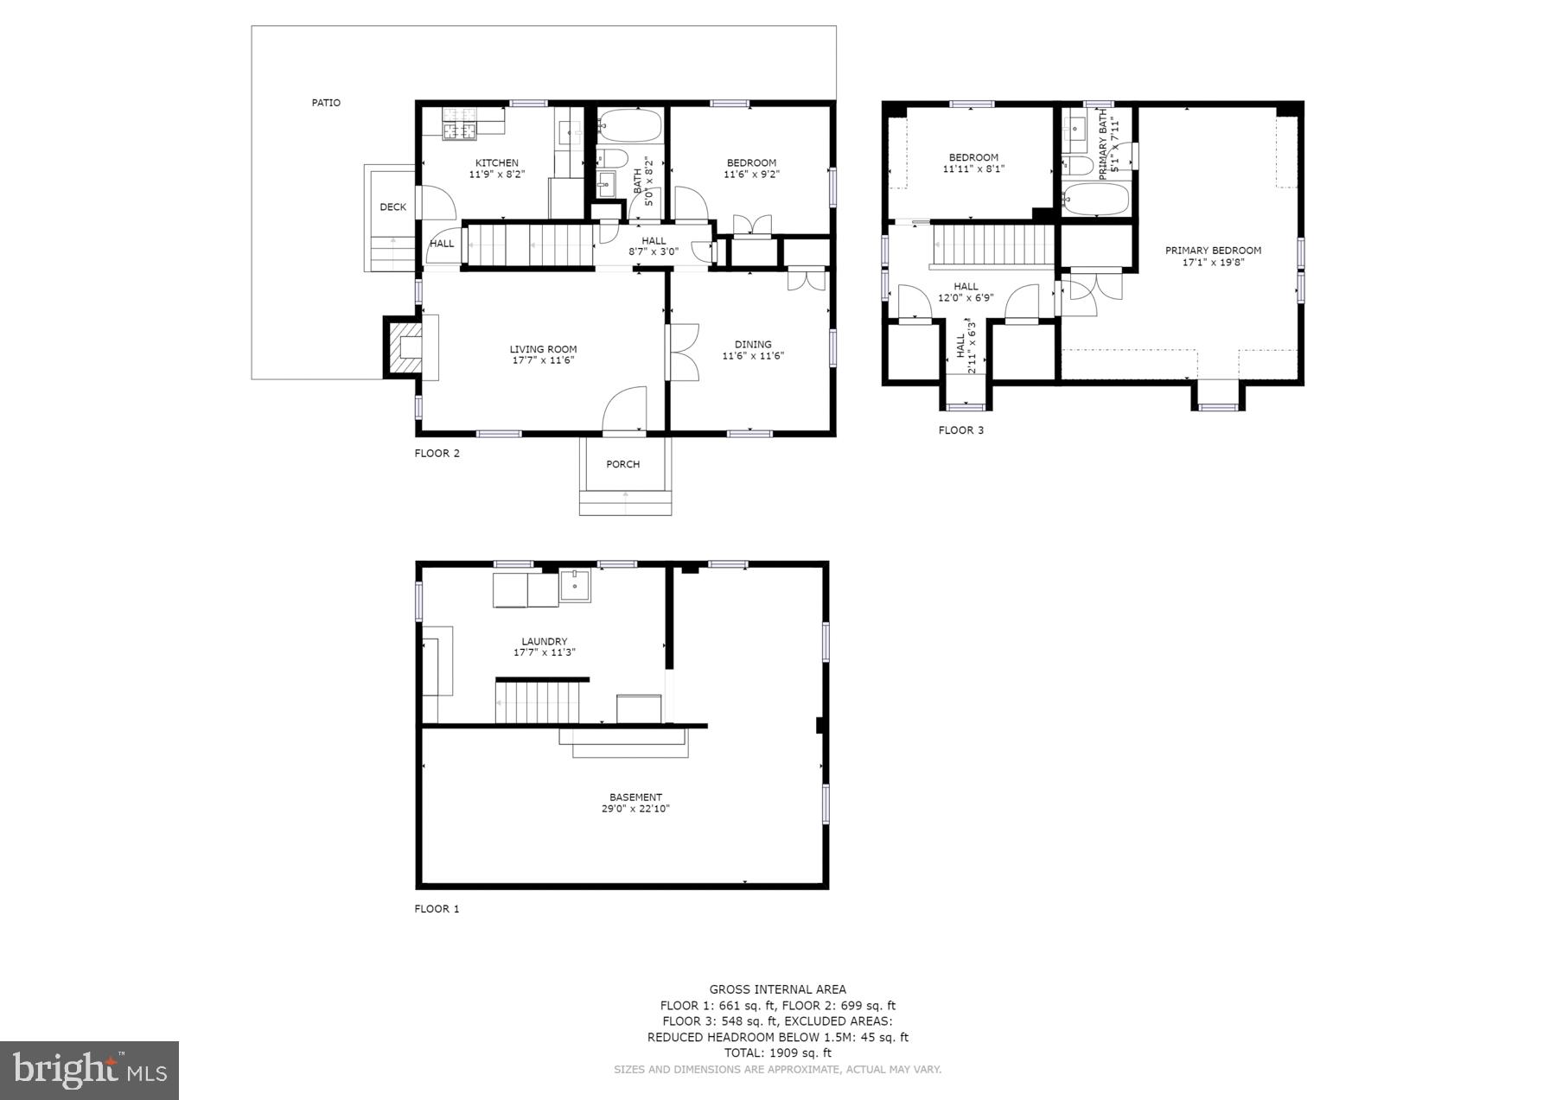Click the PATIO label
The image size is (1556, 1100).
tap(326, 103)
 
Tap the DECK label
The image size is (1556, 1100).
tap(392, 207)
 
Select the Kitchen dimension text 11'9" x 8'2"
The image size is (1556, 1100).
tap(496, 174)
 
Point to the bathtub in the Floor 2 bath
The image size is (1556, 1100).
tap(629, 127)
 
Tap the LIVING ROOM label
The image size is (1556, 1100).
tap(543, 349)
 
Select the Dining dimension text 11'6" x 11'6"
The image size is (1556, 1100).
tap(752, 355)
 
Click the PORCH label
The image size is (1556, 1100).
tap(622, 464)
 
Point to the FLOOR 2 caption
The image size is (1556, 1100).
tap(437, 453)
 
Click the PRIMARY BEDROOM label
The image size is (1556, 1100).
tap(1213, 251)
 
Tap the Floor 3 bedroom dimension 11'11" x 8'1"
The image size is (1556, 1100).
tap(973, 168)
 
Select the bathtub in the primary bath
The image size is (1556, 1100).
tap(1096, 200)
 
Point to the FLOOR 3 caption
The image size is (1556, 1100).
tap(960, 429)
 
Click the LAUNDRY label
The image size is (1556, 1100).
tap(545, 641)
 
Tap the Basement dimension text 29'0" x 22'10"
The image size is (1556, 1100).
tap(635, 809)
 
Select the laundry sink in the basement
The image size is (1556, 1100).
tap(575, 585)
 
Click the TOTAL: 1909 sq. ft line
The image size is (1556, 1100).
tap(777, 1052)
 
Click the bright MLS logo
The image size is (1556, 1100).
tap(89, 1070)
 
